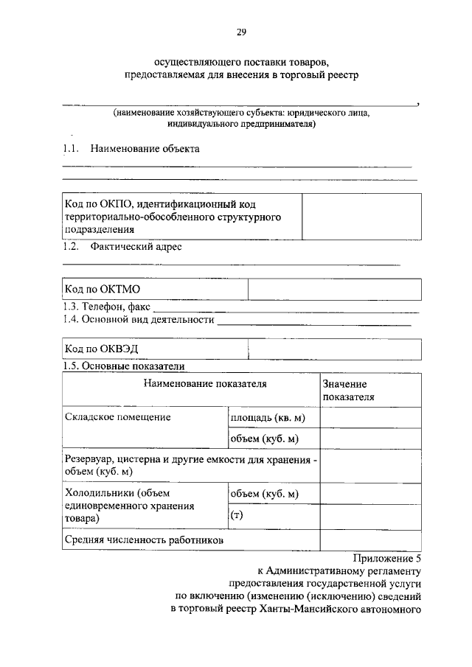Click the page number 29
[x=240, y=32]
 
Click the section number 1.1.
[x=71, y=149]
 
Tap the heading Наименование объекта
[x=145, y=149]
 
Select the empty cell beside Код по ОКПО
[x=361, y=216]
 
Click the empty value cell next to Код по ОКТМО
[x=334, y=290]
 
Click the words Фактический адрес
[x=136, y=247]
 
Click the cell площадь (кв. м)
[x=268, y=419]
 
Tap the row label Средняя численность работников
[x=144, y=541]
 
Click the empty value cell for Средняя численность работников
[x=370, y=541]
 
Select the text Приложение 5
[x=386, y=558]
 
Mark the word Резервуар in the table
[x=89, y=459]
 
